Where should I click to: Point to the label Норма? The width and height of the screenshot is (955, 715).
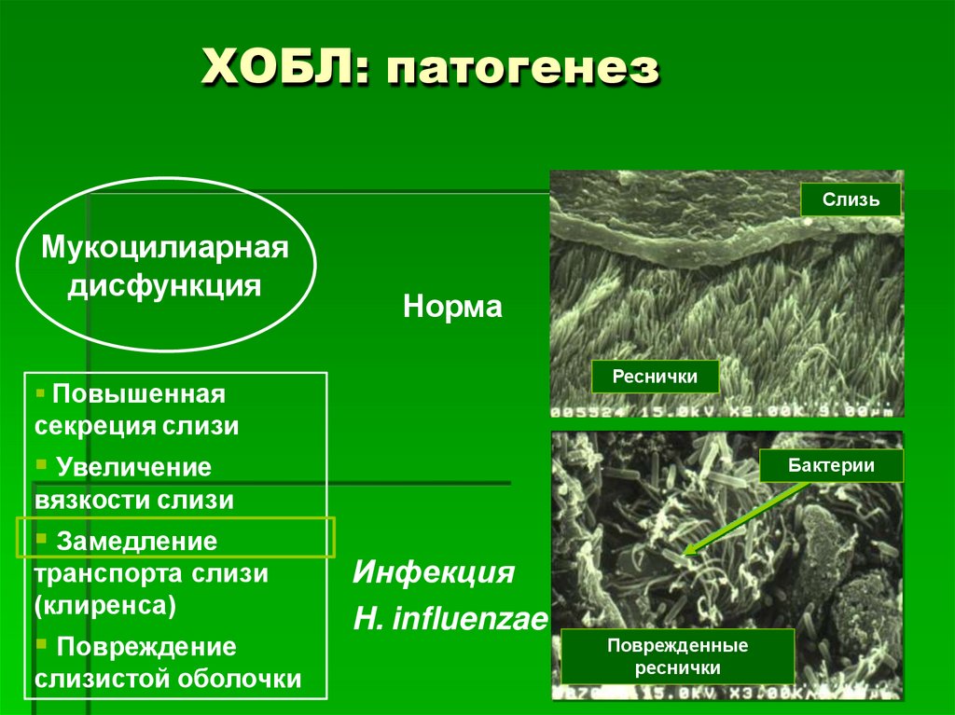tap(452, 307)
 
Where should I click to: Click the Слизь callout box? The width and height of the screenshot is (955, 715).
tap(850, 199)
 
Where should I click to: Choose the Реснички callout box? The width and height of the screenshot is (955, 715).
tap(655, 377)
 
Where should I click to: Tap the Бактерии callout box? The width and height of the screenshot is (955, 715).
tap(831, 465)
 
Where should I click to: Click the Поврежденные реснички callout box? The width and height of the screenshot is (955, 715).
tap(677, 656)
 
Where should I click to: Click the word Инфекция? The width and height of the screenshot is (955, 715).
tap(434, 571)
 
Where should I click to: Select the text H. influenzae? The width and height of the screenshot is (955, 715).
tap(450, 619)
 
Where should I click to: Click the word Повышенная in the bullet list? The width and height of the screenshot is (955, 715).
tap(139, 394)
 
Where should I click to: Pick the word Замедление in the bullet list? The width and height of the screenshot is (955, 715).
tap(137, 541)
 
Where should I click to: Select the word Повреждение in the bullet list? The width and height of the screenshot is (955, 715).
tap(146, 647)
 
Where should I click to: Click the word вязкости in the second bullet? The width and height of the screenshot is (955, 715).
tap(89, 500)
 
